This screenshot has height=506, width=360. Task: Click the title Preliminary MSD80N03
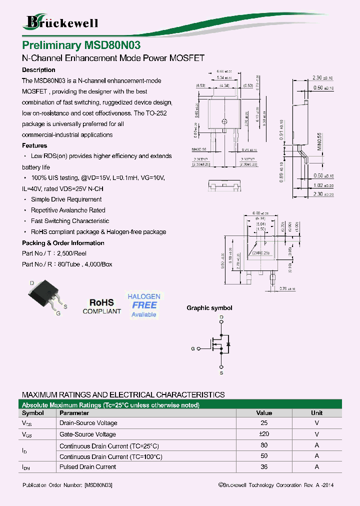81,45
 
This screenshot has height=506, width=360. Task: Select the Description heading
38,70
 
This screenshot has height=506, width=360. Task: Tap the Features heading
34,145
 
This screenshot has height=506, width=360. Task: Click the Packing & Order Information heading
63,243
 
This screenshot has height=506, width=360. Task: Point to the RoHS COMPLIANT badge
101,306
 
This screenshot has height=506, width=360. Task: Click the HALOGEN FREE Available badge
143,305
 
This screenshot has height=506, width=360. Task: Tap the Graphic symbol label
209,308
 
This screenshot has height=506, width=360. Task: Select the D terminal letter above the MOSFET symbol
221,317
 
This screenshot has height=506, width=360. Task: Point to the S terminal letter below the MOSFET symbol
221,372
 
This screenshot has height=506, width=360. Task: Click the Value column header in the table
264,413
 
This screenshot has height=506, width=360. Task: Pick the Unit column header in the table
316,413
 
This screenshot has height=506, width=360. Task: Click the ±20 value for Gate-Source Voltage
264,434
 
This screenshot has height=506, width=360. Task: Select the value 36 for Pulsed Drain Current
264,466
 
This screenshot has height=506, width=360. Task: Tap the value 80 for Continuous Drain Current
264,445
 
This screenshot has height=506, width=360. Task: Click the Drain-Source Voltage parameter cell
88,423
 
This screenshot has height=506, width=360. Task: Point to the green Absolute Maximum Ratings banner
180,404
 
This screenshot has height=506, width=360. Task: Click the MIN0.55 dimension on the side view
318,142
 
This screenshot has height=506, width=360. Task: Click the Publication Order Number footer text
67,485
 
